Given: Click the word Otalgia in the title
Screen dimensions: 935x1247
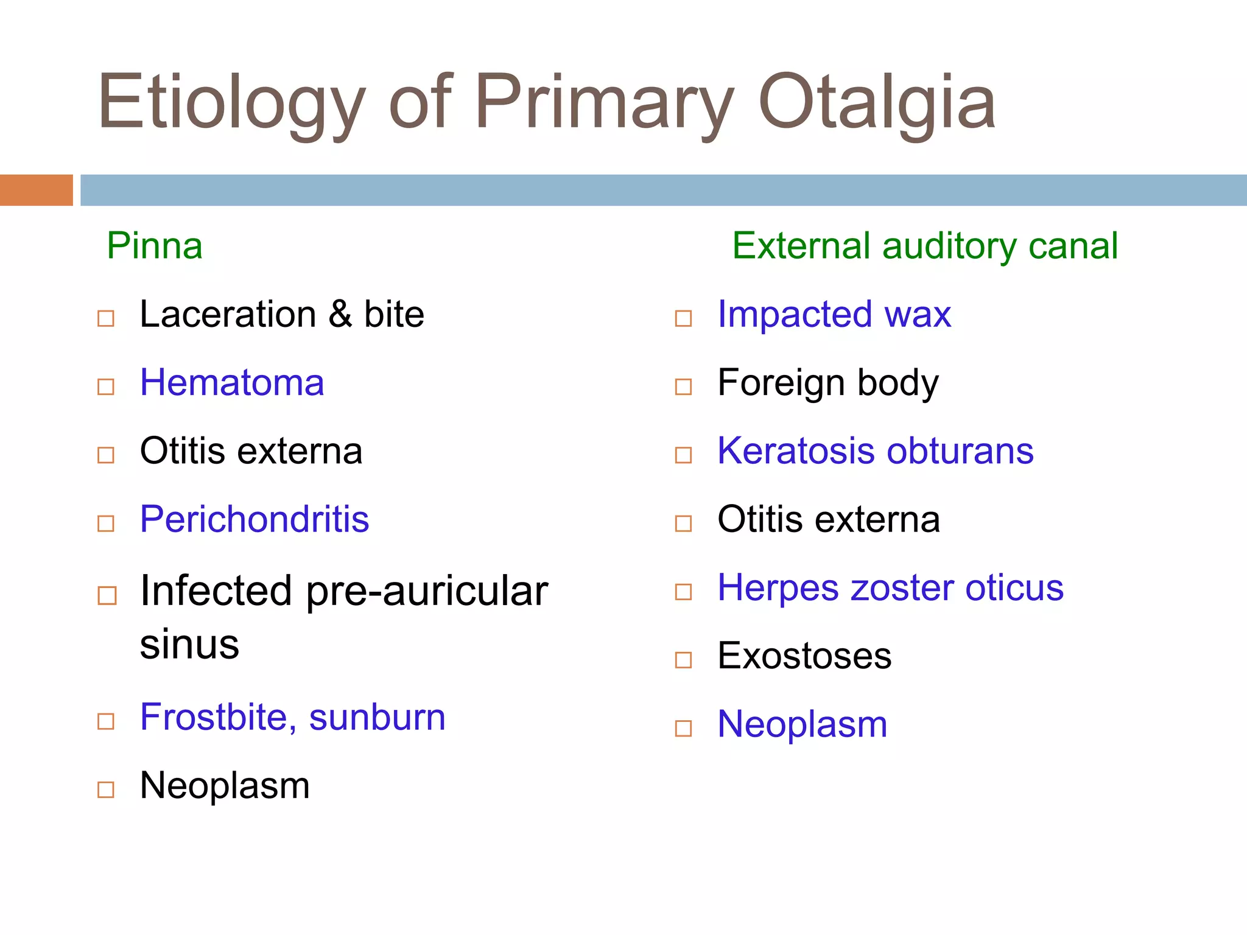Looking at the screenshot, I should (877, 102).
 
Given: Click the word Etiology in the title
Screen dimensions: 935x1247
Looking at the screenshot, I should (231, 102).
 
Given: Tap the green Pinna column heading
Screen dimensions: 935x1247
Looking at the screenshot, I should (155, 246).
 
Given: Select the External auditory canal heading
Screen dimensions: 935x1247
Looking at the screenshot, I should (924, 246).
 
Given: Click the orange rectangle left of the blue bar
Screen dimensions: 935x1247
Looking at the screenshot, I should (36, 190).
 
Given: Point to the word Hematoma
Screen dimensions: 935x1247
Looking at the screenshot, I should (232, 383).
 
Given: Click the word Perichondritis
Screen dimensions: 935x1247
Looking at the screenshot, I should (255, 519).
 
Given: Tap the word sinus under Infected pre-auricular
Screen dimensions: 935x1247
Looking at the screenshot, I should (189, 645).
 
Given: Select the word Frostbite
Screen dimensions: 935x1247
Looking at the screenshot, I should (213, 717).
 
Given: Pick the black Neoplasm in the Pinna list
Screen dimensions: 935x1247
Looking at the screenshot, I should (225, 786).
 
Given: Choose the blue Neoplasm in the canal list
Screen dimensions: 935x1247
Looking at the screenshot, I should (803, 725).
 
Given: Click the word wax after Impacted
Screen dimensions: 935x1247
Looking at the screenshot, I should (918, 315).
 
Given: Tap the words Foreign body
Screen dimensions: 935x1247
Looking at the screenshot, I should (828, 383).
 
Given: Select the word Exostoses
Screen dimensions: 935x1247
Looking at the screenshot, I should (804, 656).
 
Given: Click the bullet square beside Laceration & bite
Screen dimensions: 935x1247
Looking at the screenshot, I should (106, 318).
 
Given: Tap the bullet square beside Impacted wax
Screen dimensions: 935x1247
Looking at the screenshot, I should (683, 318).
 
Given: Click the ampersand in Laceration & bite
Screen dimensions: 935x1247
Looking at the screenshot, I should (340, 315).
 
